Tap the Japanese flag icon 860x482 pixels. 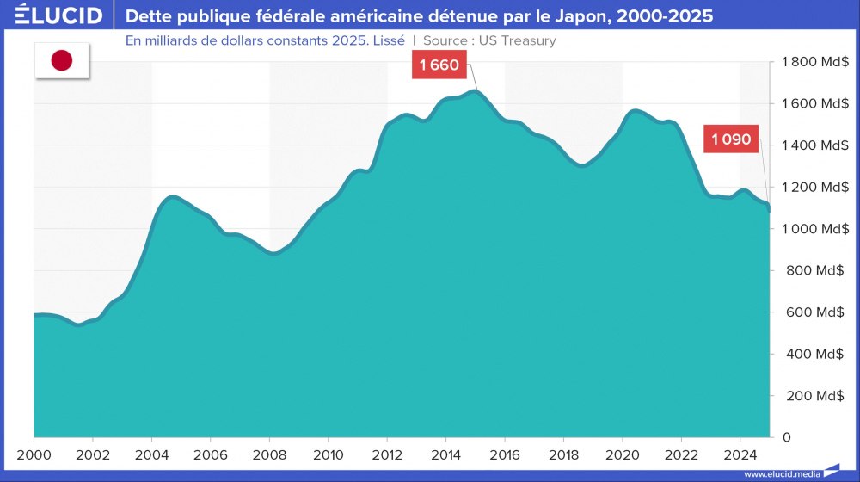point(61,60)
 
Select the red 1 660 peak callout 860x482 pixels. point(439,65)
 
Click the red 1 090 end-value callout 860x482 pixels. point(731,139)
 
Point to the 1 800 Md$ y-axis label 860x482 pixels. point(815,62)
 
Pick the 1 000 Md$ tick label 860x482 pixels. point(815,229)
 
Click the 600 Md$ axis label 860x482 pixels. point(820,312)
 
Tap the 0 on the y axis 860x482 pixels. point(785,437)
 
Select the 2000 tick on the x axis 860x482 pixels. point(34,454)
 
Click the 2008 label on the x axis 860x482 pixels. point(269,454)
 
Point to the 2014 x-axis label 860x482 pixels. point(445,454)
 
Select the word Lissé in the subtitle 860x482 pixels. point(385,40)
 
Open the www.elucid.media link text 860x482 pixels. point(781,474)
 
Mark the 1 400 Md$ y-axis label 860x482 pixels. point(815,145)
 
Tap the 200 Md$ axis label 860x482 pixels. point(820,396)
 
